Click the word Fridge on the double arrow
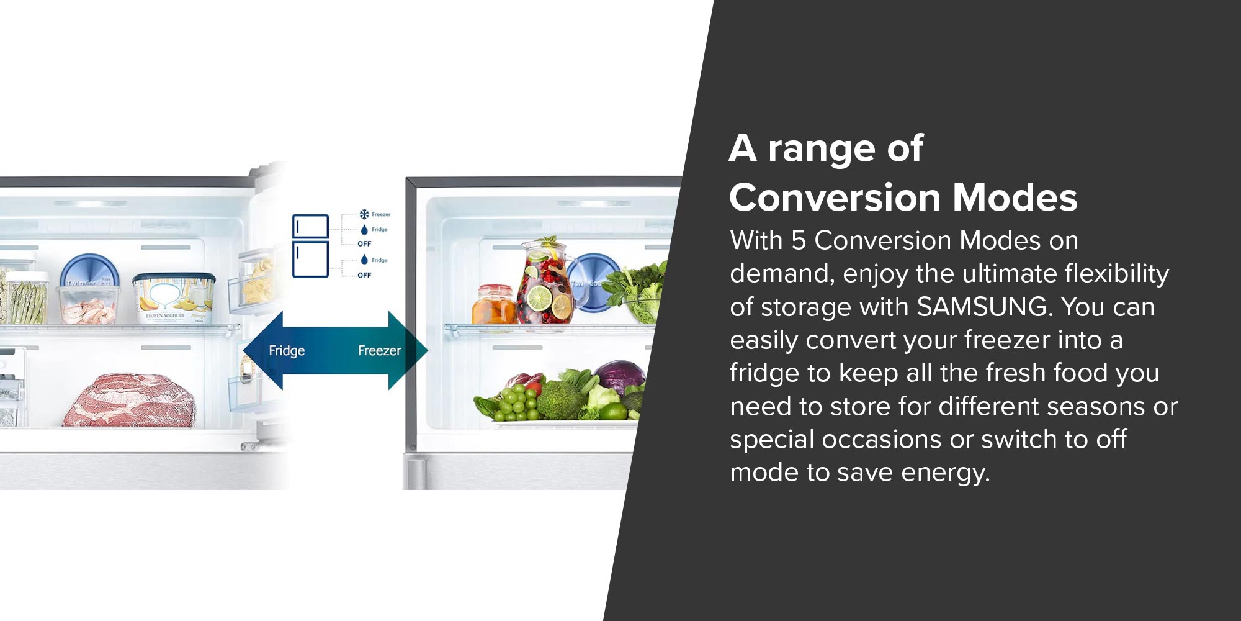(x=287, y=351)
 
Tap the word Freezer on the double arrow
(x=380, y=351)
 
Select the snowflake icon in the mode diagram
(x=364, y=214)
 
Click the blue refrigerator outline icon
(x=310, y=245)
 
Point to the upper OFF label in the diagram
(x=364, y=244)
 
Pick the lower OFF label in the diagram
(x=364, y=275)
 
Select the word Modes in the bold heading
(x=1015, y=197)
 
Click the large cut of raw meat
(x=130, y=400)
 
